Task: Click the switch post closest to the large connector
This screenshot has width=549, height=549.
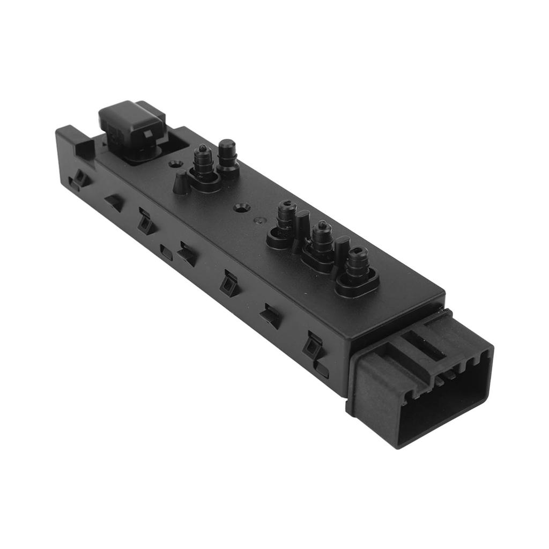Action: click(357, 265)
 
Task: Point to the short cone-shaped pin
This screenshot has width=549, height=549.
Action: click(182, 182)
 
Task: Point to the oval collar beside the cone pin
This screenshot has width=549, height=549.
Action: click(204, 181)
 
